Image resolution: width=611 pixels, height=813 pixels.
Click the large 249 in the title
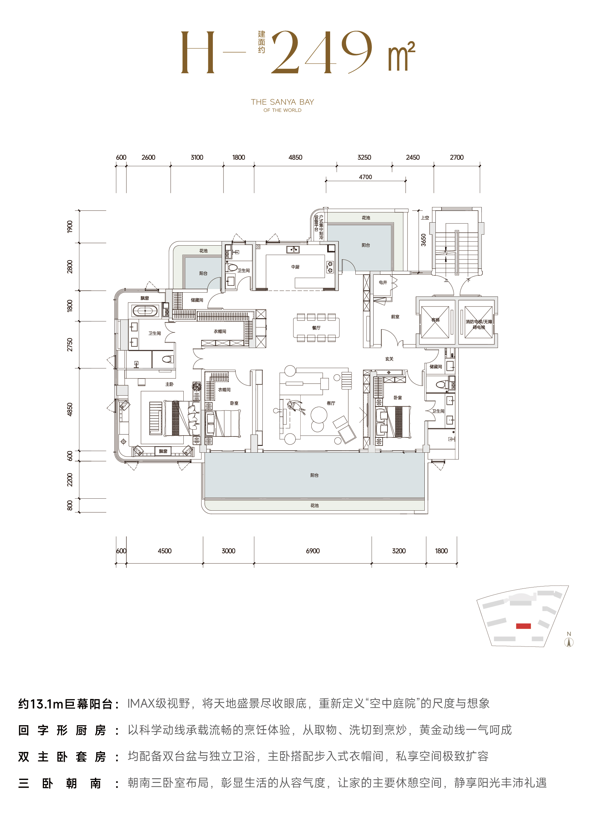(322, 52)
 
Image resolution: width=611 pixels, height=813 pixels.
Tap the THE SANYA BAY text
(282, 102)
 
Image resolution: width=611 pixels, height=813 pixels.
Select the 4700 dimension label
(365, 177)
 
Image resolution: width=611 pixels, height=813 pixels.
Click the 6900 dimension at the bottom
(313, 551)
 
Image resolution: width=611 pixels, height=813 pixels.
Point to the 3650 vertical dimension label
(423, 240)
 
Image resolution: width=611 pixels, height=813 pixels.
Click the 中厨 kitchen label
(295, 267)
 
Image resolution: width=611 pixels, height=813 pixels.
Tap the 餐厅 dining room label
(316, 328)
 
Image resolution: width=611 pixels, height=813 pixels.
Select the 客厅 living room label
(331, 403)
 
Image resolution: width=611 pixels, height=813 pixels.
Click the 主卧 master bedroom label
(169, 384)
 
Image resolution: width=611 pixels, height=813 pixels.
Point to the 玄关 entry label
(389, 359)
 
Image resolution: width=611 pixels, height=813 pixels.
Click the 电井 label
(383, 282)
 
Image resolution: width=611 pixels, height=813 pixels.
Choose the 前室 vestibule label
(395, 317)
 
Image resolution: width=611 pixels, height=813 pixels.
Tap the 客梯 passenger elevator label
(435, 320)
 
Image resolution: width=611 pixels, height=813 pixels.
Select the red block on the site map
(523, 626)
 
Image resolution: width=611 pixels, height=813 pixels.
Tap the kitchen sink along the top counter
(293, 250)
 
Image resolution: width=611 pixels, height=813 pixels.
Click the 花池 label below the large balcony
(315, 505)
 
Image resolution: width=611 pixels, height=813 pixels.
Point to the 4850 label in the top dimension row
(295, 157)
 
